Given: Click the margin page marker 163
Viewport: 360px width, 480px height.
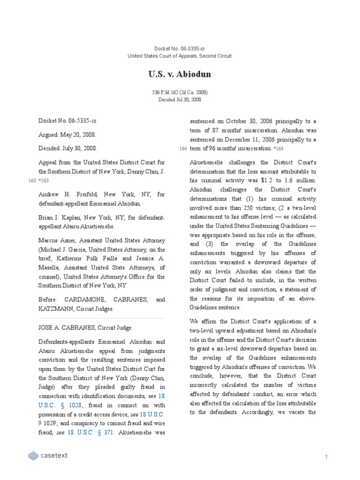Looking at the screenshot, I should tap(31, 180).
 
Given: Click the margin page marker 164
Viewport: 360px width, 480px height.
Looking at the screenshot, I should tap(183, 149).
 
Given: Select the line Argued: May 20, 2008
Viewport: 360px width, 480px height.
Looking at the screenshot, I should tap(67, 135).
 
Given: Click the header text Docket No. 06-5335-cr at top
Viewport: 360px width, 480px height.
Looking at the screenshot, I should tap(180, 49).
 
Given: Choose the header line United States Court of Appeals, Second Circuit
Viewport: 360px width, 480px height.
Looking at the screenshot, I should tap(180, 56).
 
